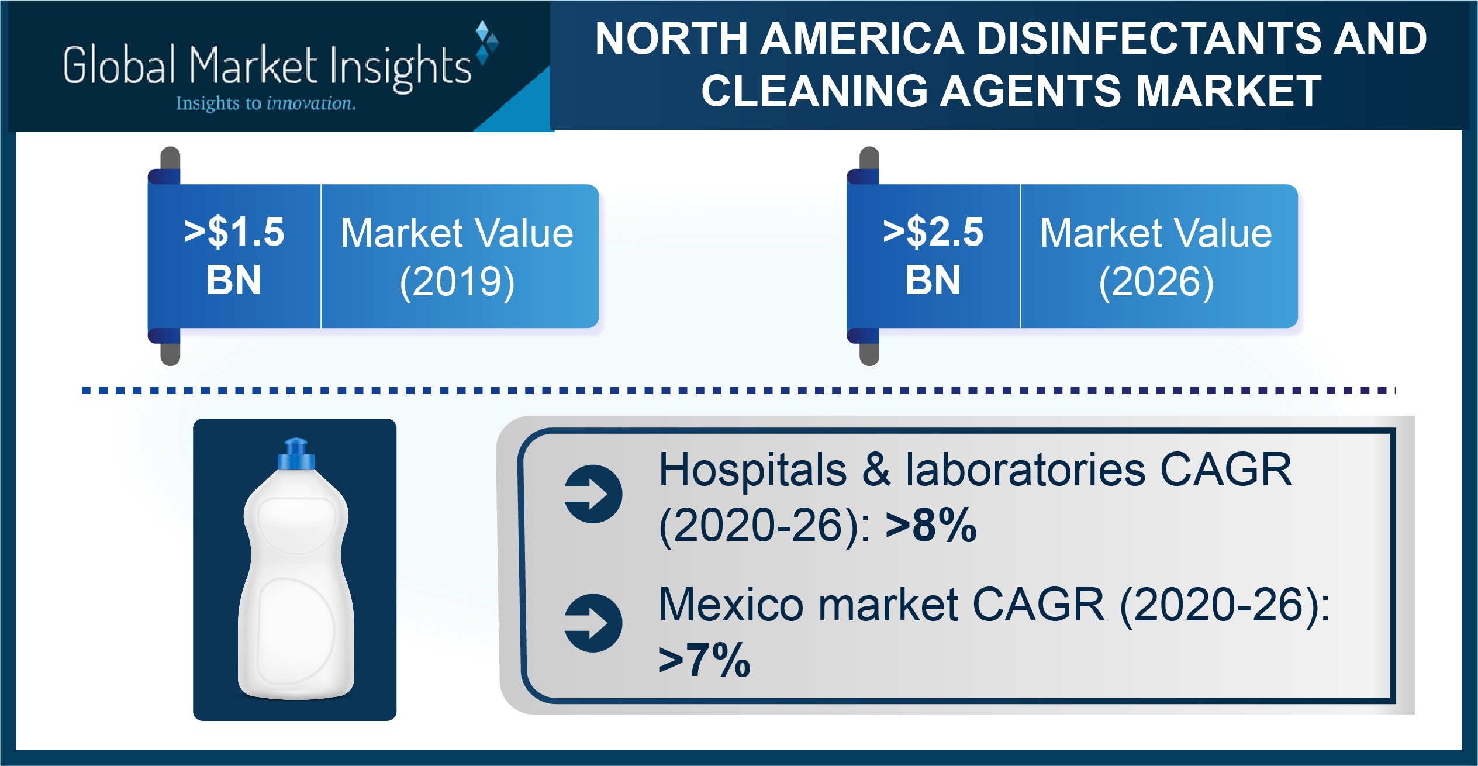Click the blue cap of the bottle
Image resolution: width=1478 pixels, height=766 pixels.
[296, 455]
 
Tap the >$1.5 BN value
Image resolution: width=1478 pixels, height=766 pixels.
[234, 256]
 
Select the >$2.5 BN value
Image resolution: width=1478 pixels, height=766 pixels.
[933, 256]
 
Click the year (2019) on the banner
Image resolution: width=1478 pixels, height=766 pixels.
[457, 282]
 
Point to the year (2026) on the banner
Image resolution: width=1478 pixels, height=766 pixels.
[1156, 282]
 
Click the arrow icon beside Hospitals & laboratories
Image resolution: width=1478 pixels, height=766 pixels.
[593, 494]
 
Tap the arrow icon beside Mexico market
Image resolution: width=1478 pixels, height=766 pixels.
[593, 623]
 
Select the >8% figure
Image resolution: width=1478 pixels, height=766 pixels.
[931, 525]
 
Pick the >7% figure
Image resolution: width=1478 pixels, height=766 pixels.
[705, 660]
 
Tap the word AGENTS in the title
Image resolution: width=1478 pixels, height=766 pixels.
[1030, 91]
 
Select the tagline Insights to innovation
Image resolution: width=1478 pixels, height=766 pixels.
[266, 103]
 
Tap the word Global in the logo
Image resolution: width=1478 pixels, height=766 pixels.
[119, 65]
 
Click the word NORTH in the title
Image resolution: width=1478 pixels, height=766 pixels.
[672, 39]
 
